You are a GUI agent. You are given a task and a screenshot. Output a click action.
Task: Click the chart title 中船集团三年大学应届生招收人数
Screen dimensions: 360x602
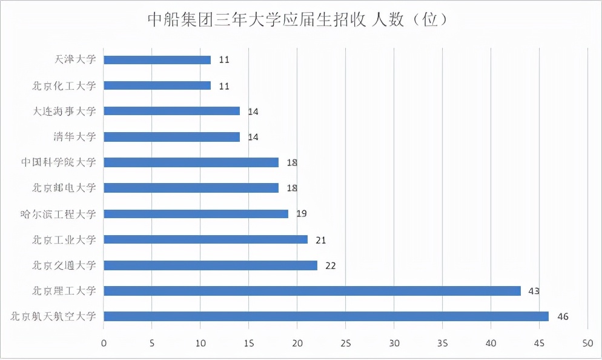(298, 20)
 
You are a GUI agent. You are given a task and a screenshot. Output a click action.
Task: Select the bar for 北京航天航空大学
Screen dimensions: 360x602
(326, 316)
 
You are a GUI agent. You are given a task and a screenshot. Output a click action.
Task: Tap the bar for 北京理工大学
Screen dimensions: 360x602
(312, 291)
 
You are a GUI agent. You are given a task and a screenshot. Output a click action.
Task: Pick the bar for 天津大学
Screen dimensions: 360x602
(157, 60)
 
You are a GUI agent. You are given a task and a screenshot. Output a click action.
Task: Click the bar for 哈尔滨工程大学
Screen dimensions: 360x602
(196, 214)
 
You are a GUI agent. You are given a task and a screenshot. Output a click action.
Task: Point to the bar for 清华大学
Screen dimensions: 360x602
(171, 137)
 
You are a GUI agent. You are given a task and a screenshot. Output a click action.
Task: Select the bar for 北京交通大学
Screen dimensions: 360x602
(210, 265)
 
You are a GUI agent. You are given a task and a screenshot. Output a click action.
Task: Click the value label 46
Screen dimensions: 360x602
(563, 317)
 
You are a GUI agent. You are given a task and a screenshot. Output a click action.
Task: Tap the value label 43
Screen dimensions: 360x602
(534, 291)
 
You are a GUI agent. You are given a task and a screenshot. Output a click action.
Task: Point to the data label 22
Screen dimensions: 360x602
(330, 265)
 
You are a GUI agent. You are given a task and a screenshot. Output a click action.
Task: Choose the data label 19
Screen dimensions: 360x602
(302, 214)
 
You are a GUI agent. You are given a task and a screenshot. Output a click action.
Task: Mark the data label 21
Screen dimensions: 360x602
(320, 240)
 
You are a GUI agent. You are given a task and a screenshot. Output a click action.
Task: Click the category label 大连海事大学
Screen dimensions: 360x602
(64, 111)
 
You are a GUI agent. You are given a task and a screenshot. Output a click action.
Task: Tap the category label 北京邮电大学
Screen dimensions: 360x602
(64, 188)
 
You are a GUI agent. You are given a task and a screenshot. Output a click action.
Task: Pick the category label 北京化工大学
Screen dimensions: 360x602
(64, 85)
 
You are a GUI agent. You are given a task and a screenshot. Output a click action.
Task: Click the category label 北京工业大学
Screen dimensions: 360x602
(64, 239)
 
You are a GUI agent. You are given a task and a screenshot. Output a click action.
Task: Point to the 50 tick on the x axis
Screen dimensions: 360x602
(587, 344)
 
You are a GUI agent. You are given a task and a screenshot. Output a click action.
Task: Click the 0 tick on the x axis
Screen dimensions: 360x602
(104, 344)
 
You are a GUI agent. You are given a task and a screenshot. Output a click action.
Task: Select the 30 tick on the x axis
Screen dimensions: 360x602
(394, 344)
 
